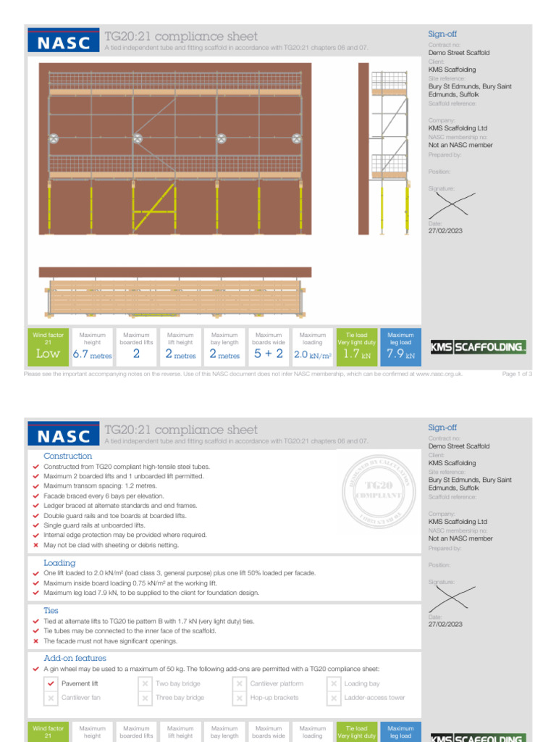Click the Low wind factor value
(48, 354)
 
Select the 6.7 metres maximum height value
(92, 355)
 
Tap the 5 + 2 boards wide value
(268, 354)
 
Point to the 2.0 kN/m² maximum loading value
(312, 355)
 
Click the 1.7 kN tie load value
(356, 355)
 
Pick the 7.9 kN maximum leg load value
(400, 355)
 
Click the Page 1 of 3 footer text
(517, 374)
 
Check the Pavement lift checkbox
(50, 683)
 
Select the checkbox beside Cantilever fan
(50, 698)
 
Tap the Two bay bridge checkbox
(145, 683)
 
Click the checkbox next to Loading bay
(333, 683)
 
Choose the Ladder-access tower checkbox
(333, 698)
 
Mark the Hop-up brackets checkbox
(239, 698)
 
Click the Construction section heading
(68, 456)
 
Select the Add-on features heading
(75, 658)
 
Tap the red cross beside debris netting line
(36, 545)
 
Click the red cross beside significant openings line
(36, 641)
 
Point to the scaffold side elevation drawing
(385, 149)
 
